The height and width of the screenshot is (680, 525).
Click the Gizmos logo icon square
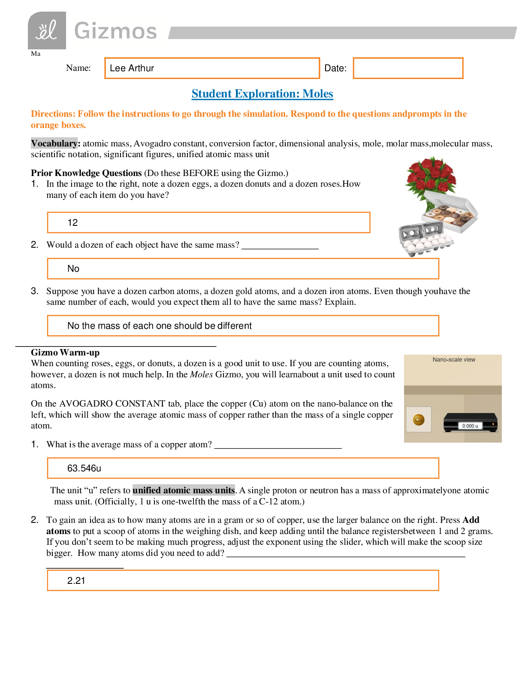tap(47, 30)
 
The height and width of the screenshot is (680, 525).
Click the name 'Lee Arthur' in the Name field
tap(132, 68)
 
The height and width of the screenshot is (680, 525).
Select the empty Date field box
tap(407, 68)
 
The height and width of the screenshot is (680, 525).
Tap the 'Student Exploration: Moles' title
tap(262, 94)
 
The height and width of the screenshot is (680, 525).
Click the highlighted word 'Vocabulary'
tap(54, 143)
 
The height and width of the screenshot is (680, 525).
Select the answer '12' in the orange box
tap(72, 223)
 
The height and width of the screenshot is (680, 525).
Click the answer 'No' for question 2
tap(73, 269)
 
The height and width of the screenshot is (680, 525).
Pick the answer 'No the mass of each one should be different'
tap(160, 326)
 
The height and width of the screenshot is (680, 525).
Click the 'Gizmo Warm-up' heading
tap(65, 352)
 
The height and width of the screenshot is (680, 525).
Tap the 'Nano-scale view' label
tap(454, 360)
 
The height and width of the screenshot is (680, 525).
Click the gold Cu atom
tap(419, 420)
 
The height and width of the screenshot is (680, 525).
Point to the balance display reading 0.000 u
tap(470, 426)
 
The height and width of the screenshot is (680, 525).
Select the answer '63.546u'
tap(84, 468)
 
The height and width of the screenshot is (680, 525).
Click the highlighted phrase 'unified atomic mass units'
tap(184, 490)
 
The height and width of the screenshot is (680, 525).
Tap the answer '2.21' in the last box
tap(76, 581)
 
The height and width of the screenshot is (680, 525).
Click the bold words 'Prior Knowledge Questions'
tap(86, 173)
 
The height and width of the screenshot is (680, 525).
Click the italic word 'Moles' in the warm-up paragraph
tap(201, 374)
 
